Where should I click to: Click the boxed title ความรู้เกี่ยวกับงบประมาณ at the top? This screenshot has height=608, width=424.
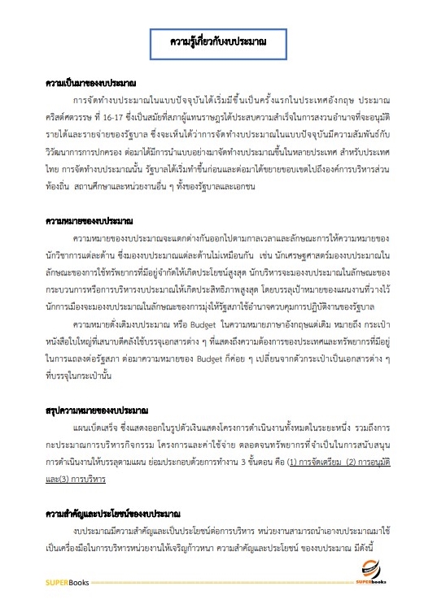coord(212,39)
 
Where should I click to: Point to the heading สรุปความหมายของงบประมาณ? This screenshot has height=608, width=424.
coord(95,412)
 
